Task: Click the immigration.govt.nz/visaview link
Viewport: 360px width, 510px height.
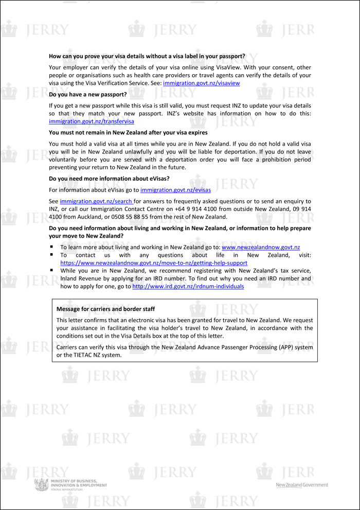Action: click(x=201, y=83)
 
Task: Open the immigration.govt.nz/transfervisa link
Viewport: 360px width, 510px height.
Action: click(x=91, y=121)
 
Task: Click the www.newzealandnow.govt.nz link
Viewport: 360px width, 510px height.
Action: click(x=261, y=247)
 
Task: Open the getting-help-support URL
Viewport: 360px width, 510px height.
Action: click(x=154, y=263)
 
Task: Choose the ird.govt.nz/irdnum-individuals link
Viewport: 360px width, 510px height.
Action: click(x=188, y=286)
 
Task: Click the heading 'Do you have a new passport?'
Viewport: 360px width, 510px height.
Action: click(x=87, y=95)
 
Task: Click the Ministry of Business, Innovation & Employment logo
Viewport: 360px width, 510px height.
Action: click(x=70, y=485)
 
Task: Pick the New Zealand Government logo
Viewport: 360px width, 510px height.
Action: click(x=302, y=485)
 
